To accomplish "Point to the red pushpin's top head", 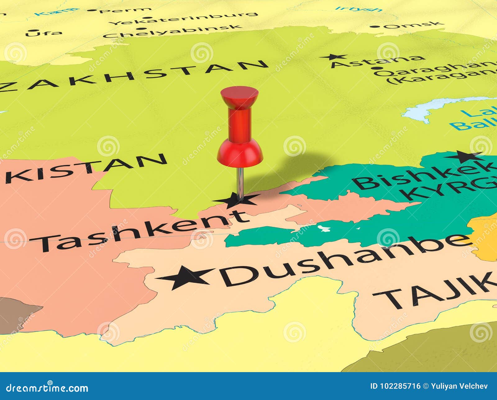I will click(x=239, y=93).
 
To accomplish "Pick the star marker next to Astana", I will click(x=334, y=57).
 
